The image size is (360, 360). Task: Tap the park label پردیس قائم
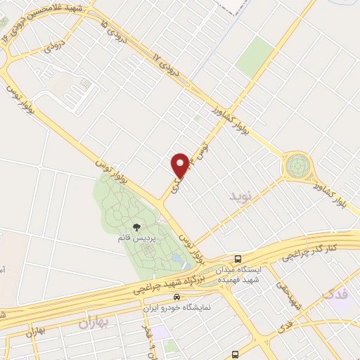(x=136, y=238)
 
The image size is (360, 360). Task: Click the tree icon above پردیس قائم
(x=136, y=227)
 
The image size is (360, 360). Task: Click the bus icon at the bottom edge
(x=235, y=354)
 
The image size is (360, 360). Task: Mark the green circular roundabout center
(x=297, y=167)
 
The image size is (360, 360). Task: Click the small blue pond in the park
(x=176, y=260)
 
